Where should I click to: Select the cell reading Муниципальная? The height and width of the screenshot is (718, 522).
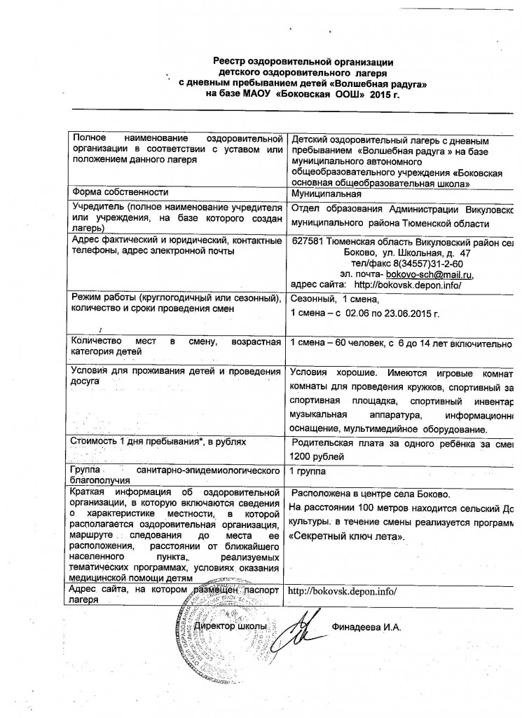point(326,194)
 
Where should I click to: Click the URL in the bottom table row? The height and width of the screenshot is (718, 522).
point(343,590)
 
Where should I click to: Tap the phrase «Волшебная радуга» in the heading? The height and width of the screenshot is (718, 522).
point(382,83)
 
